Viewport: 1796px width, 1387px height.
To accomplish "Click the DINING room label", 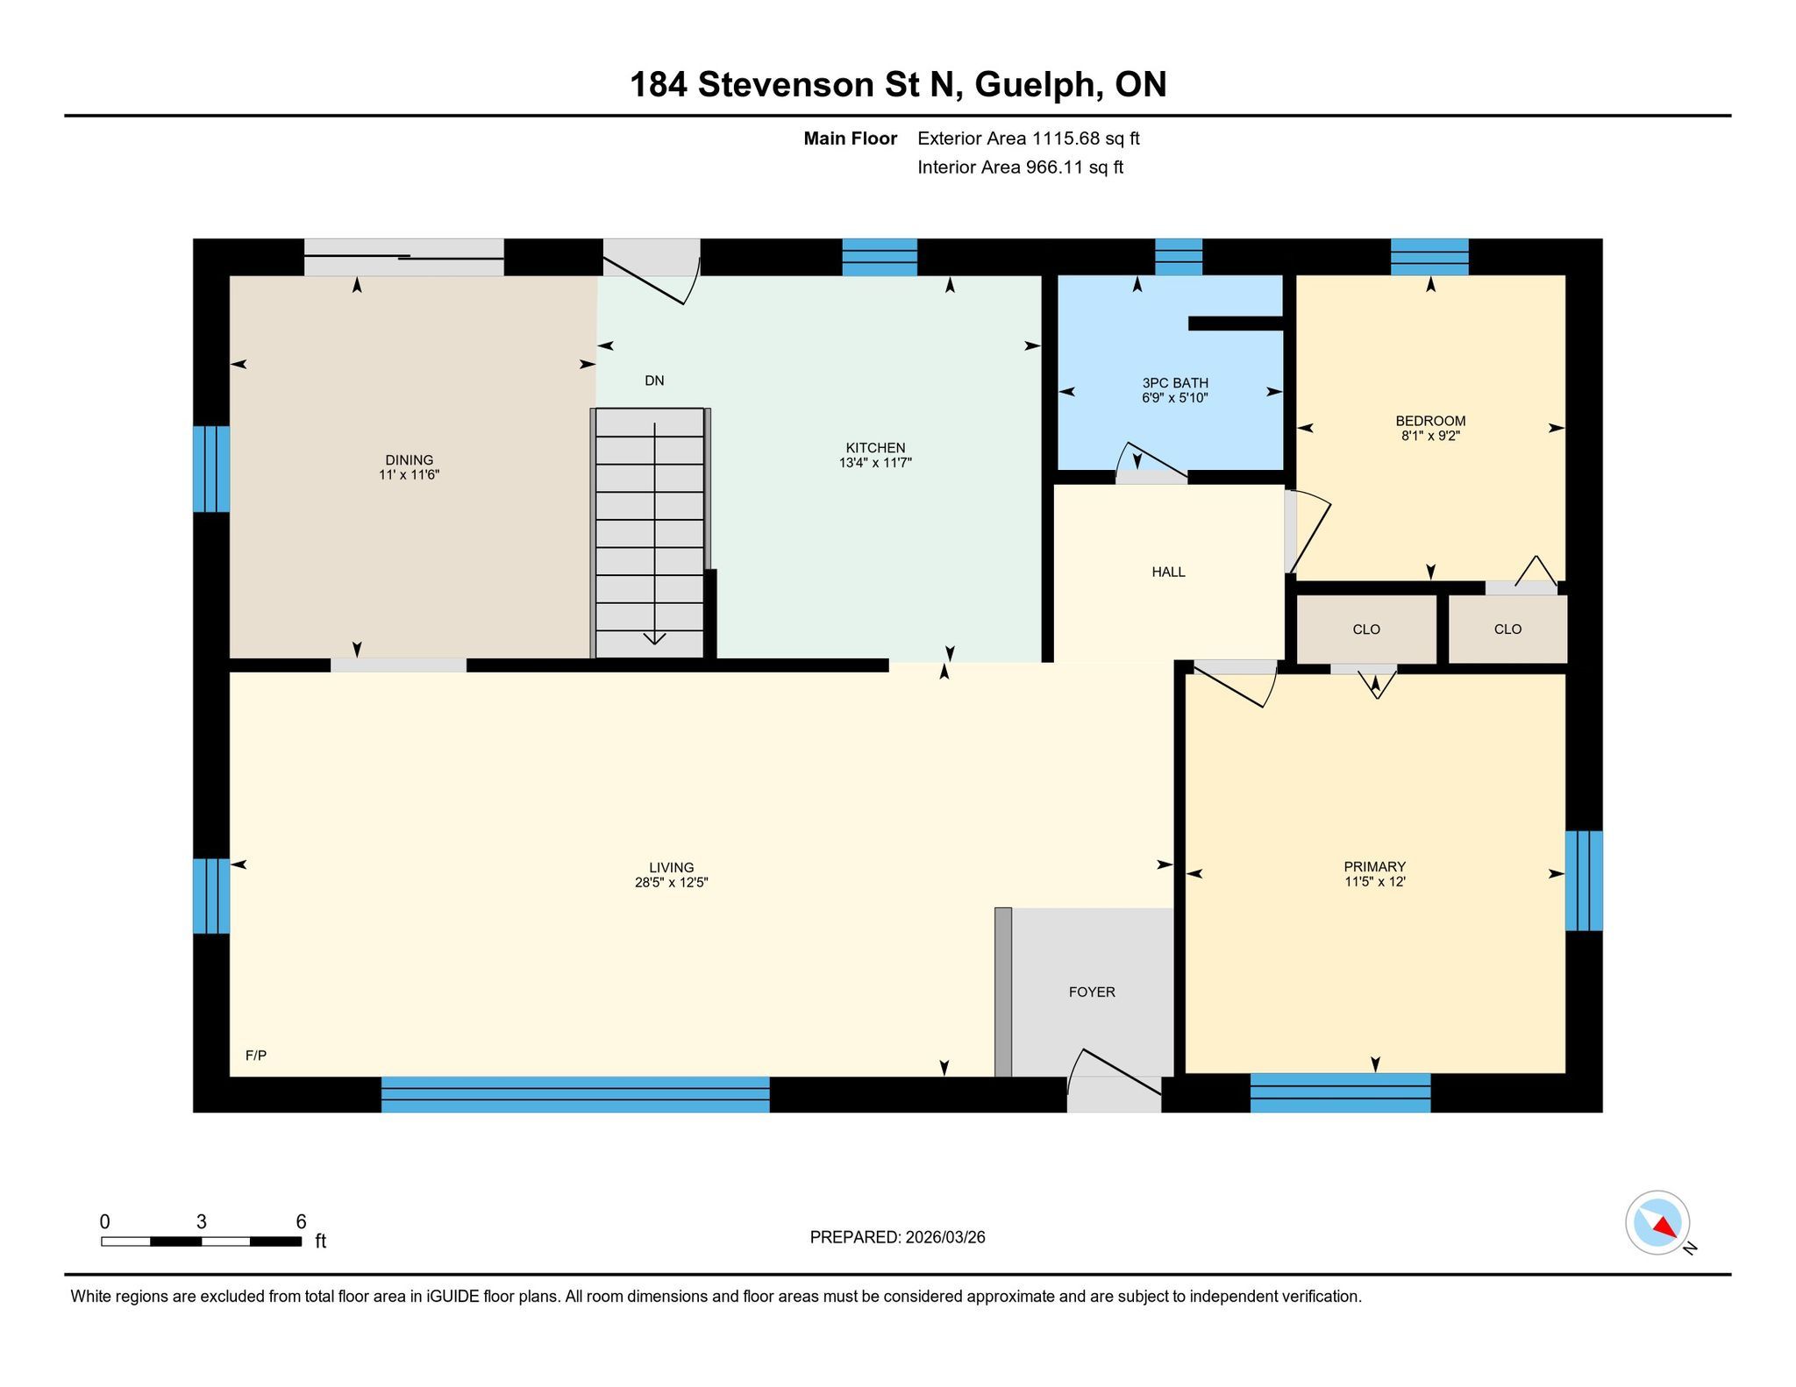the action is (409, 460).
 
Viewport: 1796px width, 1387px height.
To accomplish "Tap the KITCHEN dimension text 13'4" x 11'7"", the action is (875, 463).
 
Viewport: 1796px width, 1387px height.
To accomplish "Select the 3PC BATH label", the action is (1175, 383).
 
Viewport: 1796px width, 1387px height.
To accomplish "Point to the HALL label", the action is (1168, 573).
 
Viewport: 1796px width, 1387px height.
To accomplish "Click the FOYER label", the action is (1092, 992).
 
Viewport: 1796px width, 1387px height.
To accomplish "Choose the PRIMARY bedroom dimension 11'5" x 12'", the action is (1375, 882).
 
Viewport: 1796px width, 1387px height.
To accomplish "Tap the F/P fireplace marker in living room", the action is (256, 1056).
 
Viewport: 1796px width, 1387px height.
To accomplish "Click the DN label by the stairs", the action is (654, 381).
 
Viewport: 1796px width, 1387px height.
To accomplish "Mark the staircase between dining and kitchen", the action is (650, 532).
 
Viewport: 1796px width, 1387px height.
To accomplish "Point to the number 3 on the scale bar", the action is (202, 1222).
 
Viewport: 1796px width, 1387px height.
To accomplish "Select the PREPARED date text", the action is (897, 1237).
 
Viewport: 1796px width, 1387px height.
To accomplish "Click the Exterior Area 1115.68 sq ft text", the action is (1029, 139).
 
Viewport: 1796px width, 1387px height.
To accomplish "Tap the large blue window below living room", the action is (575, 1094).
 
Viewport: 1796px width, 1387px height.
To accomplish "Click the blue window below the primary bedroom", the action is (1340, 1093).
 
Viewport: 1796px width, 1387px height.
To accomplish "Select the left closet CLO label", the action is (1366, 629).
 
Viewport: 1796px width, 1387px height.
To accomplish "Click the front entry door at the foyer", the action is (1115, 1082).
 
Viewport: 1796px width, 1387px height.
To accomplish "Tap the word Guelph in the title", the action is (1037, 85).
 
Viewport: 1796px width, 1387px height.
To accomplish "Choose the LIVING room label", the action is (672, 868).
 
